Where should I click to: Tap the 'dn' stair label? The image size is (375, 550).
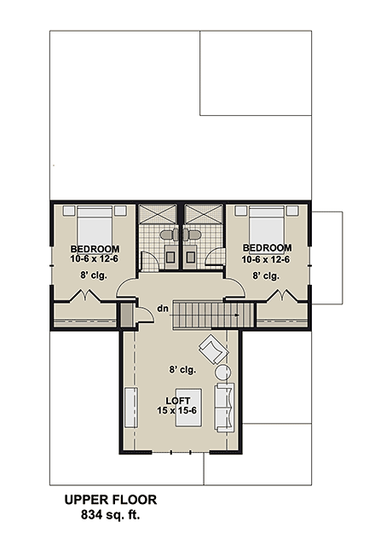pyautogui.click(x=161, y=310)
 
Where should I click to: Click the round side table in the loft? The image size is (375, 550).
pyautogui.click(x=223, y=372)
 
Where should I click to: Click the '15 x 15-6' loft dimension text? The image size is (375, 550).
pyautogui.click(x=177, y=411)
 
